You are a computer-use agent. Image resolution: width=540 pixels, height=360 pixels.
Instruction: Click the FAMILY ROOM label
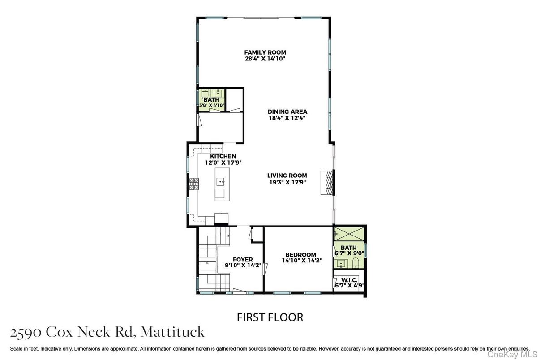click(x=265, y=52)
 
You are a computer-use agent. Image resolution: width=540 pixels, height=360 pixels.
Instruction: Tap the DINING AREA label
click(x=287, y=112)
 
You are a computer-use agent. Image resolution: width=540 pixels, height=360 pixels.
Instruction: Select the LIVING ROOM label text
click(x=287, y=176)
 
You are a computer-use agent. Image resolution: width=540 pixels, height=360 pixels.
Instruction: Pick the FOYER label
click(x=243, y=259)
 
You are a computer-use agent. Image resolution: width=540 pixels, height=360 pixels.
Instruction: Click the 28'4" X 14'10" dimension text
click(x=265, y=59)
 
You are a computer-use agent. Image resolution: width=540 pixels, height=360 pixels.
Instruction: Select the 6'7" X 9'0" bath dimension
click(x=349, y=253)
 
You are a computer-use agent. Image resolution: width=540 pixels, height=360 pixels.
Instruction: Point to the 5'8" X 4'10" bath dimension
click(x=212, y=106)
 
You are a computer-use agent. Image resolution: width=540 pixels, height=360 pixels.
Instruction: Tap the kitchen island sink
click(x=221, y=181)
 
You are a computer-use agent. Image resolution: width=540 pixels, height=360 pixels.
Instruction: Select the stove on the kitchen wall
click(x=193, y=183)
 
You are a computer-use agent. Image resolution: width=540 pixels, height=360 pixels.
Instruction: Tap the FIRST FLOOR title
click(x=270, y=317)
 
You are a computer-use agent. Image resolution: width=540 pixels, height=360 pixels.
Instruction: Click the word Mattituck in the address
click(x=172, y=332)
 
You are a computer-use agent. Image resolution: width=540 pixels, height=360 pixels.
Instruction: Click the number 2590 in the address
click(x=26, y=332)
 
